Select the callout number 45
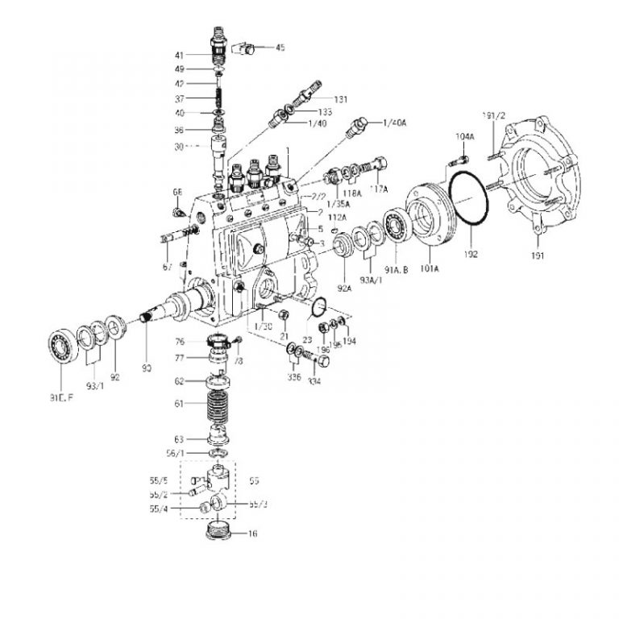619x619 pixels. click(x=280, y=48)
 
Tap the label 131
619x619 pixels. click(x=341, y=99)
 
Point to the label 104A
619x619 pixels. click(x=464, y=138)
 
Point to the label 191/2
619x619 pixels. click(x=492, y=116)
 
